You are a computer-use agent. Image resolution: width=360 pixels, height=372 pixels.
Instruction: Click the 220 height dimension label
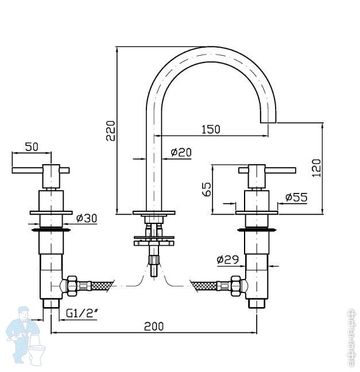111,130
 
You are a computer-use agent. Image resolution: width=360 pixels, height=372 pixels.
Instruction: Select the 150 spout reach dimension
211,129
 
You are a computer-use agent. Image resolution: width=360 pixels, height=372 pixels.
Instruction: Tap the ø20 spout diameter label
181,152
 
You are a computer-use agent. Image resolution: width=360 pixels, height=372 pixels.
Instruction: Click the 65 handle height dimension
206,188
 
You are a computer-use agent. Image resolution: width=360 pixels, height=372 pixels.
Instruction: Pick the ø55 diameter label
296,197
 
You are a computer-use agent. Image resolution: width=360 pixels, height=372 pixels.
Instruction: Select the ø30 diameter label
86,218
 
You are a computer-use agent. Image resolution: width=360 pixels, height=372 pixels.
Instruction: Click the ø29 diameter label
228,259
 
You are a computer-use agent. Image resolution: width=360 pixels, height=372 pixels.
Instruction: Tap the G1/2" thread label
80,313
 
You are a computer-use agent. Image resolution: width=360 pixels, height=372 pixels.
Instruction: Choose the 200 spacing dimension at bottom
153,326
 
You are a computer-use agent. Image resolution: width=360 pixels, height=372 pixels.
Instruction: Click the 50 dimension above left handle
32,147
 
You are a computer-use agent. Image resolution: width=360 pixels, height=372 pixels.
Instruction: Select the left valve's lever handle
40,170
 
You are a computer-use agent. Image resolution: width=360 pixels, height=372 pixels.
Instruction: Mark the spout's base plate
153,214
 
